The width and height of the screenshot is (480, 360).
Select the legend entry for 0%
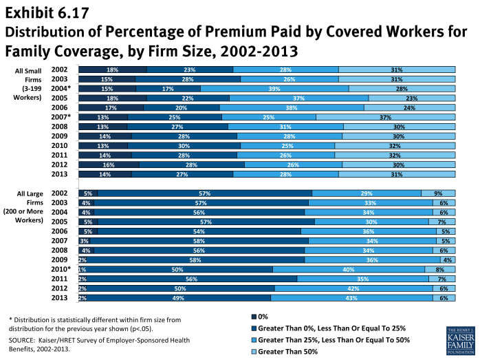coord(261,317)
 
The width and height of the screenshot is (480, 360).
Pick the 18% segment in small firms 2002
coord(112,70)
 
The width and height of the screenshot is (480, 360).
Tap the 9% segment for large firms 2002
coord(438,193)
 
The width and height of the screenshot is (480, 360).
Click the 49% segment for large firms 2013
coord(177,298)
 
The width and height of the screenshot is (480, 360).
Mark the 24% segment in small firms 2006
coord(409,108)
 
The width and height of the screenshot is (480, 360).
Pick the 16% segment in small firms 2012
coord(109,165)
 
